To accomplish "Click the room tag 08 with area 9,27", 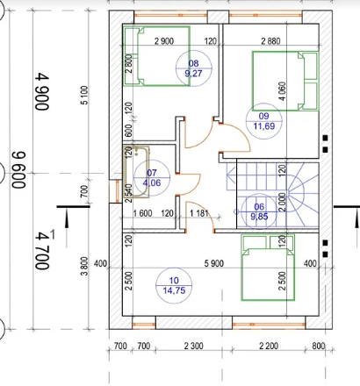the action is [x=193, y=68].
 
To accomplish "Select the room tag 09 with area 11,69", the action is [x=264, y=121].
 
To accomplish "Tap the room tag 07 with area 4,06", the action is [x=152, y=178].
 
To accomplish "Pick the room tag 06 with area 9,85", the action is [x=259, y=211].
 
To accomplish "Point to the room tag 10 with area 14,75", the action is [x=174, y=285].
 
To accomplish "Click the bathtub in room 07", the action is [x=136, y=172].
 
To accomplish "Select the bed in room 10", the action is [x=268, y=268].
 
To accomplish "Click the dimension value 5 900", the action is [x=214, y=263].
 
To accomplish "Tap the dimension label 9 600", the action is [x=18, y=169].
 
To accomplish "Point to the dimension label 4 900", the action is [x=42, y=91].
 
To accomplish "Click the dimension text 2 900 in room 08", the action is [x=164, y=41].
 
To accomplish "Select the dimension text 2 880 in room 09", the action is [x=270, y=41].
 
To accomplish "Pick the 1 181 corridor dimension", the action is [x=199, y=213].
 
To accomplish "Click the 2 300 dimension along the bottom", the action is [x=194, y=347].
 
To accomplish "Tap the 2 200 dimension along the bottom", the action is [x=269, y=347].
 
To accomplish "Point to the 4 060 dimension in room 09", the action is [x=283, y=91].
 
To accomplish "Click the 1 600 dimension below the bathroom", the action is [x=142, y=213].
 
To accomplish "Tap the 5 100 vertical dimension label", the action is [x=84, y=95].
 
